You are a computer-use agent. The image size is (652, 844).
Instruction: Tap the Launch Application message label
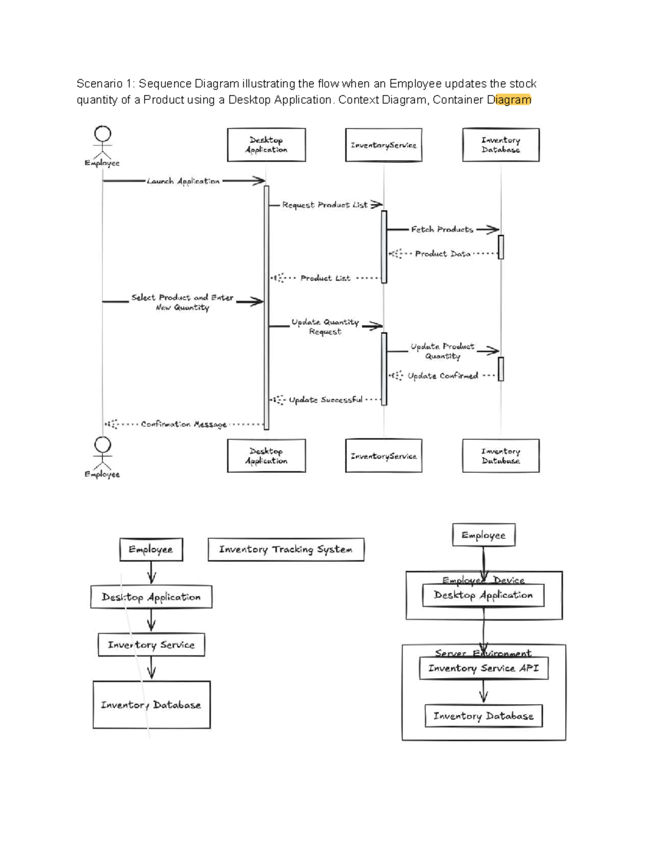[x=183, y=181]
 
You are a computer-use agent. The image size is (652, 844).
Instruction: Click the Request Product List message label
[x=324, y=205]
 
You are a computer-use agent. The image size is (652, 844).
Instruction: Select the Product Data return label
[x=442, y=254]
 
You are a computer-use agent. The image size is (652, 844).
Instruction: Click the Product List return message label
[x=325, y=278]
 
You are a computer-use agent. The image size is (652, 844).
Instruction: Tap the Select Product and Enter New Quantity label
[x=182, y=302]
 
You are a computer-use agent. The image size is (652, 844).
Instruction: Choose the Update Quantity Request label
[x=325, y=327]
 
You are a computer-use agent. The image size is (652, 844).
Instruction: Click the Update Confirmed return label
[x=442, y=376]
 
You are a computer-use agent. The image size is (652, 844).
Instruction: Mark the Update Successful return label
[x=325, y=400]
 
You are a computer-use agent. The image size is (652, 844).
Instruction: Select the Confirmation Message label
[x=183, y=424]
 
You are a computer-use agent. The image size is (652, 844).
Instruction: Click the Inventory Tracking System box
[x=286, y=549]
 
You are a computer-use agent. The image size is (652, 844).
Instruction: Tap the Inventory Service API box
[x=483, y=668]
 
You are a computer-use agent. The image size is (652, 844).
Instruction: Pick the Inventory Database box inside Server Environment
[x=483, y=716]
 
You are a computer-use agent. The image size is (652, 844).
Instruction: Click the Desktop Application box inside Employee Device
[x=483, y=596]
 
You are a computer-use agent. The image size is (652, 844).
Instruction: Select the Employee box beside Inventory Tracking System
[x=151, y=549]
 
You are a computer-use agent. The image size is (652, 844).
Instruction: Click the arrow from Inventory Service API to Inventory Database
[x=483, y=692]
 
